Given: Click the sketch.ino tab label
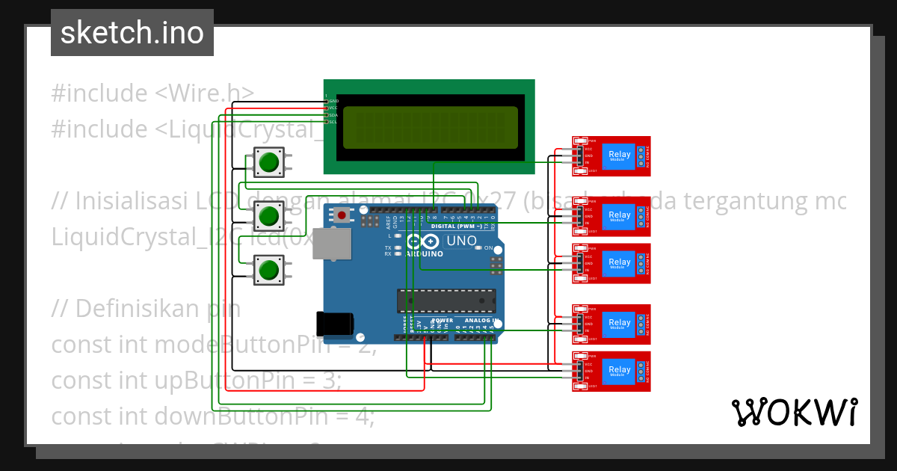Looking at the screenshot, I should click(x=132, y=33).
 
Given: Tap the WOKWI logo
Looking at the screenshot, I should click(x=794, y=412).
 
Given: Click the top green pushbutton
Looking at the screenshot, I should click(x=269, y=161).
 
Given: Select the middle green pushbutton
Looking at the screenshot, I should click(x=269, y=216).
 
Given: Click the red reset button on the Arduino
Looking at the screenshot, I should click(x=342, y=215).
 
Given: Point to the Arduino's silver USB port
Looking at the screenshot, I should click(x=330, y=244).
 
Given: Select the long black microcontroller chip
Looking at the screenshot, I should click(x=446, y=301).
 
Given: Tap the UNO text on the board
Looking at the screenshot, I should click(x=460, y=241).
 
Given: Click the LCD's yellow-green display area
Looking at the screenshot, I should click(x=430, y=127).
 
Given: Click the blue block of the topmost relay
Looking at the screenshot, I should click(x=619, y=156).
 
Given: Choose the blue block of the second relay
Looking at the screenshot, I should click(x=619, y=216).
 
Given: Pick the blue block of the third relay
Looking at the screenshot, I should click(x=619, y=262).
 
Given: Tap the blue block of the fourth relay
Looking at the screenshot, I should click(x=619, y=324).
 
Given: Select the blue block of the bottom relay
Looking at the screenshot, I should click(x=619, y=370).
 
